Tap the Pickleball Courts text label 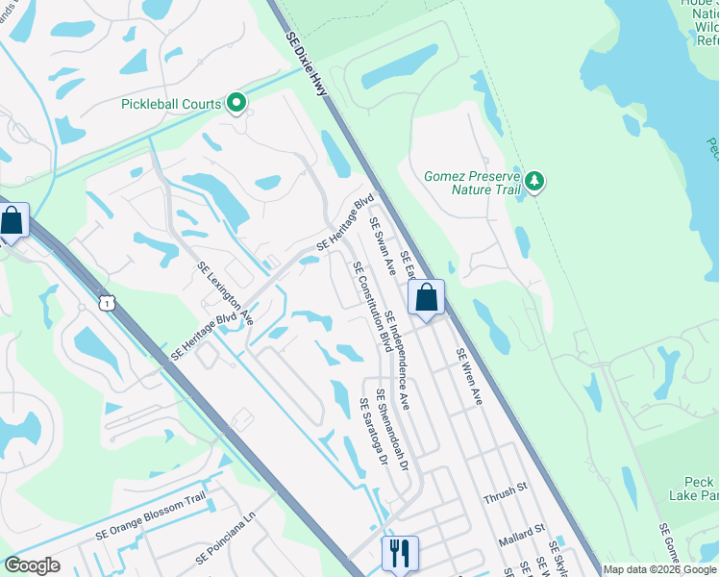click(x=171, y=104)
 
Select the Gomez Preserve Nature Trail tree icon click(x=535, y=180)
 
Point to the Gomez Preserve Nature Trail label click(x=472, y=183)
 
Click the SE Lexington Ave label click(x=226, y=293)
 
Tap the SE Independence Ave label click(x=398, y=361)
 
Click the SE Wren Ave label click(x=468, y=376)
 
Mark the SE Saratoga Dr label click(x=372, y=433)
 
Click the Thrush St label click(x=505, y=489)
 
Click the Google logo click(x=33, y=565)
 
